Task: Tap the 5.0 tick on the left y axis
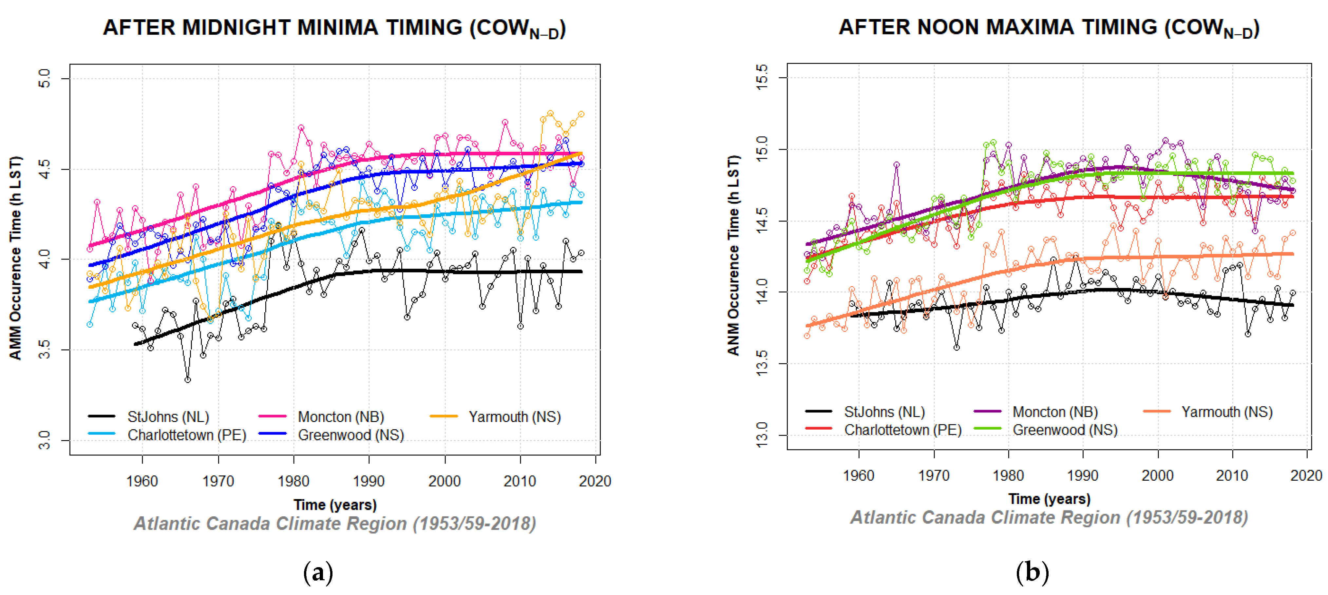[x=45, y=78]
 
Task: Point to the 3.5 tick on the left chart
[x=45, y=350]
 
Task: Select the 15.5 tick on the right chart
[x=761, y=77]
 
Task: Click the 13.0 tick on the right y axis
[x=761, y=435]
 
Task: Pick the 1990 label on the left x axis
[x=368, y=481]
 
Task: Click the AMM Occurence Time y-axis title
[x=15, y=258]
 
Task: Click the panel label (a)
[x=318, y=572]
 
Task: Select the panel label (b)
[x=1032, y=572]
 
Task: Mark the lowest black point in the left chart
[x=188, y=380]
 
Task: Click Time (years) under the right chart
[x=1049, y=499]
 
